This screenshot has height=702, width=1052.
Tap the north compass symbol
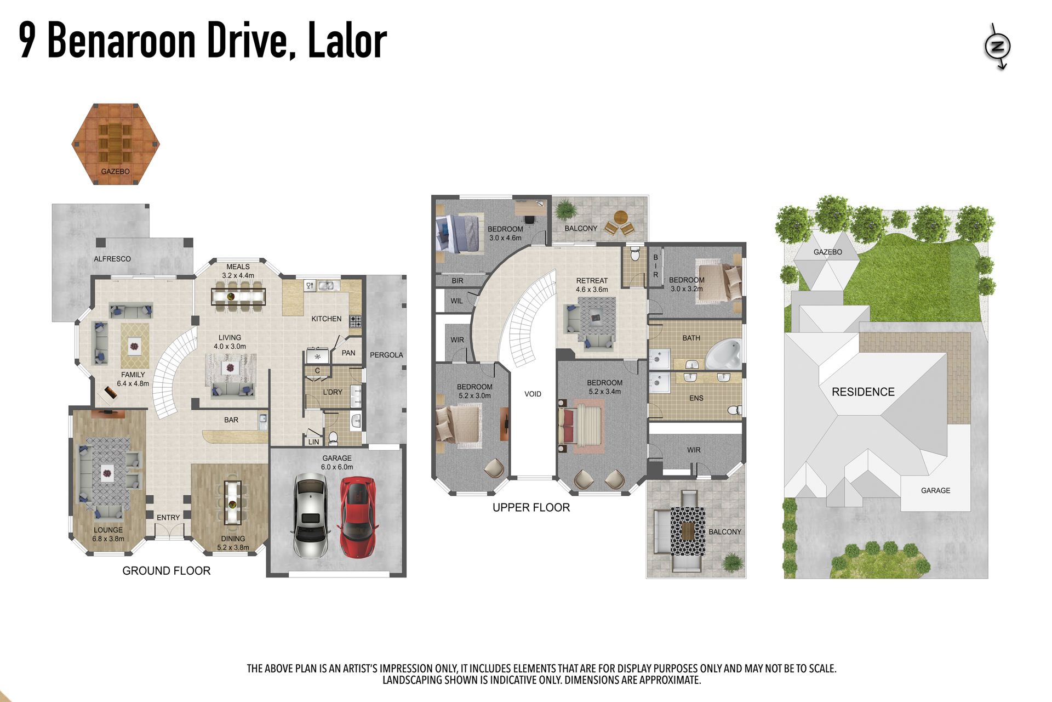[x=997, y=47]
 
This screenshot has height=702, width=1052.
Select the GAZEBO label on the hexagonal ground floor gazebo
[x=116, y=172]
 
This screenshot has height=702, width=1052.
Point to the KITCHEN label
[x=327, y=319]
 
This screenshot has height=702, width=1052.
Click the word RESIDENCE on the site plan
[x=863, y=392]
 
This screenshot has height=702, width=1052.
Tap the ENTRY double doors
[x=169, y=532]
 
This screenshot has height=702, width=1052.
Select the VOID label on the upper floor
[x=533, y=394]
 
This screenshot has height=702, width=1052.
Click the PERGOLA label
[x=386, y=355]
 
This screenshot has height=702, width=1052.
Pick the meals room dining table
[x=238, y=297]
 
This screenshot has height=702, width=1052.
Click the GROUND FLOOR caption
[x=167, y=570]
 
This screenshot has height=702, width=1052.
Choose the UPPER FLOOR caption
[x=531, y=507]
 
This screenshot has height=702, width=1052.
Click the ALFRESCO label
[x=112, y=259]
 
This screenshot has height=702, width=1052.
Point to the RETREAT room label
[x=592, y=280]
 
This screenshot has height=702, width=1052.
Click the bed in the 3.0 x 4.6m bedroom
[x=460, y=234]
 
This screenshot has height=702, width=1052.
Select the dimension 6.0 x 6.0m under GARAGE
[x=337, y=467]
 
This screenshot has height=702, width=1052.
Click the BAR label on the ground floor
[x=231, y=420]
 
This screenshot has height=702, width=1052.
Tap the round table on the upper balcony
[x=621, y=217]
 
